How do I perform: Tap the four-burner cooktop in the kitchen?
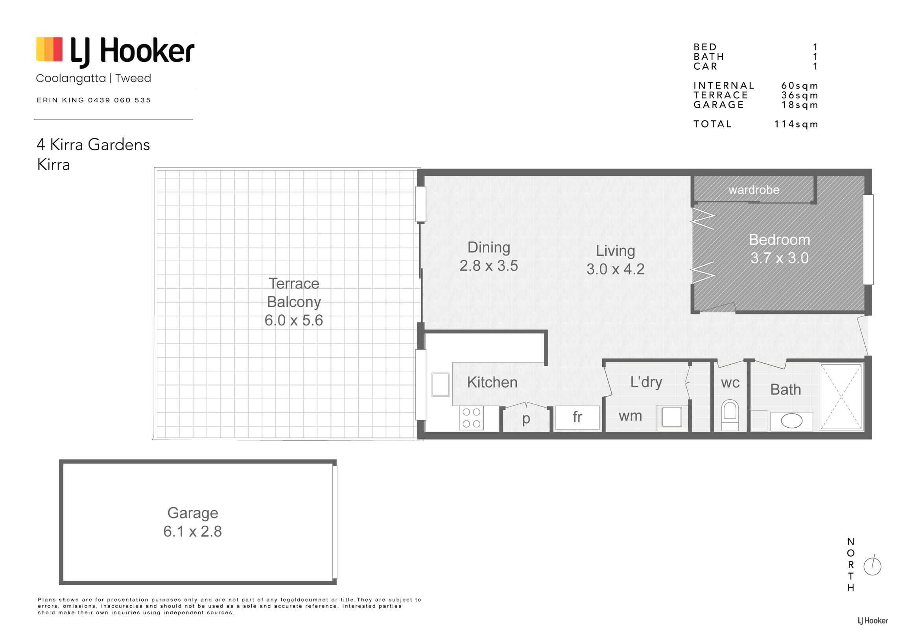[x=471, y=418]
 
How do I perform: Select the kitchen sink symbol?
[x=440, y=384]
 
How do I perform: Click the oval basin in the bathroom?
[x=791, y=421]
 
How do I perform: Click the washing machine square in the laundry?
[x=672, y=417]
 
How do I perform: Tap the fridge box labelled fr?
[x=577, y=418]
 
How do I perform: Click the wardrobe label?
[x=754, y=190]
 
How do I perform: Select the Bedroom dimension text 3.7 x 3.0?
[x=779, y=258]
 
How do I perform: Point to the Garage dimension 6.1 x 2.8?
[x=192, y=532]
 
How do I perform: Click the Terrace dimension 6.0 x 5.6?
[x=293, y=320]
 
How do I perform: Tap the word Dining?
[x=489, y=247]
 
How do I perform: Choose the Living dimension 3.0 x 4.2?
[x=615, y=269]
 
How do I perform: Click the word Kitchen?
[x=492, y=382]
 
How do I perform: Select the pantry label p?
[x=526, y=419]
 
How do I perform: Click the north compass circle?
[x=872, y=567]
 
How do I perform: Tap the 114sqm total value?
[x=796, y=124]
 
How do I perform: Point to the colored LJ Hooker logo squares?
[x=49, y=50]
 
